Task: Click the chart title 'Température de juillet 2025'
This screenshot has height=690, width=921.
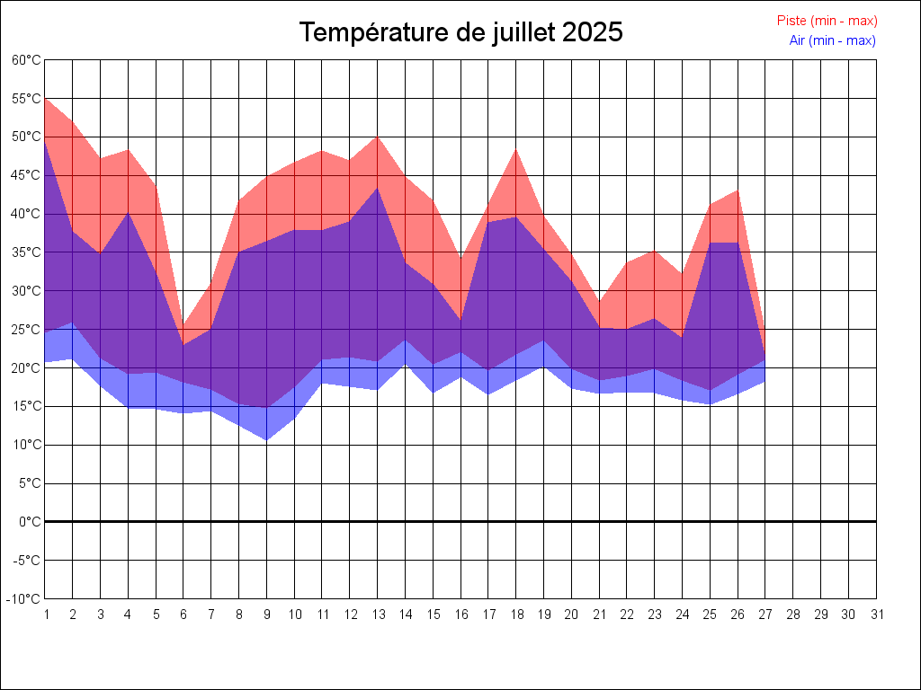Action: tap(460, 32)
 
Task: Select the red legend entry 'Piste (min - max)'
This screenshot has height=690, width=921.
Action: tap(827, 21)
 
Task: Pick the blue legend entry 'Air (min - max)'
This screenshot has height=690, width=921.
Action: tap(832, 40)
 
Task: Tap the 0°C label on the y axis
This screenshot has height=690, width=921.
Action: tap(31, 521)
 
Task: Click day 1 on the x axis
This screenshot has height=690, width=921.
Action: tap(45, 615)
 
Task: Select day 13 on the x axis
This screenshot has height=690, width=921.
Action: tap(377, 615)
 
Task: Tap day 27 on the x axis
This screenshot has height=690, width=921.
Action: tap(765, 615)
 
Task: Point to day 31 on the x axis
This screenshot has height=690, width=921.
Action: tap(876, 615)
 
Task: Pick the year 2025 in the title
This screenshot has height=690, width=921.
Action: tap(593, 32)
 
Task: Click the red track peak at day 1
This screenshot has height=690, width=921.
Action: tap(46, 100)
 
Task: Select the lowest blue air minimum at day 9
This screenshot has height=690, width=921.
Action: tap(266, 439)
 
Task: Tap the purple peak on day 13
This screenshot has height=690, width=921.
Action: tap(377, 188)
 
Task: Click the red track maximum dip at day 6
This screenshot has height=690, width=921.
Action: tap(183, 327)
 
